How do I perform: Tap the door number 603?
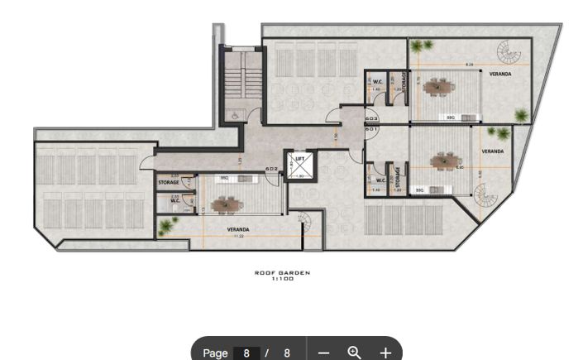[371, 118]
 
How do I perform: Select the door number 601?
[371, 129]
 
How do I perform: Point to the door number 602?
[271, 170]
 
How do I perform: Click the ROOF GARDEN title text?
[283, 272]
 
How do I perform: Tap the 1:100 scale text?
[283, 278]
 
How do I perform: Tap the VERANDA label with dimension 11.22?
[238, 229]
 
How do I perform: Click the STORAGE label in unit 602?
[169, 182]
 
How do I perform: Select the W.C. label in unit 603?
[377, 81]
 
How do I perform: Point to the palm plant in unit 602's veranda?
[166, 224]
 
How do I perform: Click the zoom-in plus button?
[385, 353]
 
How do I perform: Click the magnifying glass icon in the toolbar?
[354, 353]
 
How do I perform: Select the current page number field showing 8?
[246, 353]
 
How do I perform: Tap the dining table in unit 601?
[447, 161]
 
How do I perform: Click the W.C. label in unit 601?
[380, 180]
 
